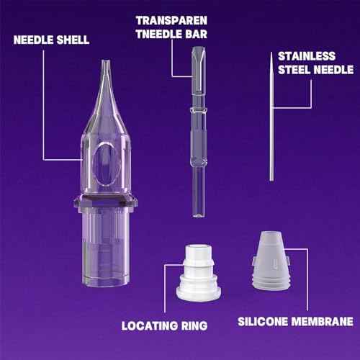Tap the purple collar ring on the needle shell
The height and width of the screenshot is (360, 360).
click(107, 204)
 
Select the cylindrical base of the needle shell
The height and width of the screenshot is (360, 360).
click(107, 252)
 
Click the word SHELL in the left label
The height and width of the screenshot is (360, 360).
click(72, 40)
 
